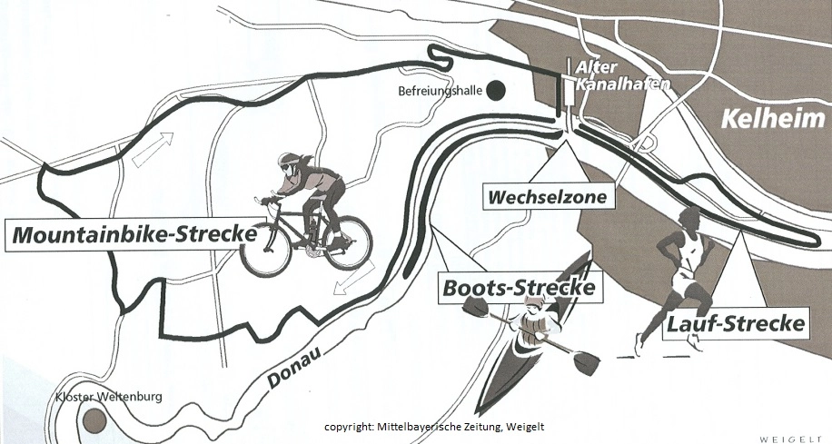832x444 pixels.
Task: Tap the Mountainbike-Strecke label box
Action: point(133,234)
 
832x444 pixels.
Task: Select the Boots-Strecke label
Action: point(520,288)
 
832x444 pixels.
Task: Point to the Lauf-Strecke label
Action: point(736,322)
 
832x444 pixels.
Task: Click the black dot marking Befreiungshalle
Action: point(495,90)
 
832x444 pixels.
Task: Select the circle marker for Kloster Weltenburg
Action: point(92,420)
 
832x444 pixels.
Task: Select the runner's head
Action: point(691,218)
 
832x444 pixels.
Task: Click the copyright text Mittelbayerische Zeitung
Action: point(435,427)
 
